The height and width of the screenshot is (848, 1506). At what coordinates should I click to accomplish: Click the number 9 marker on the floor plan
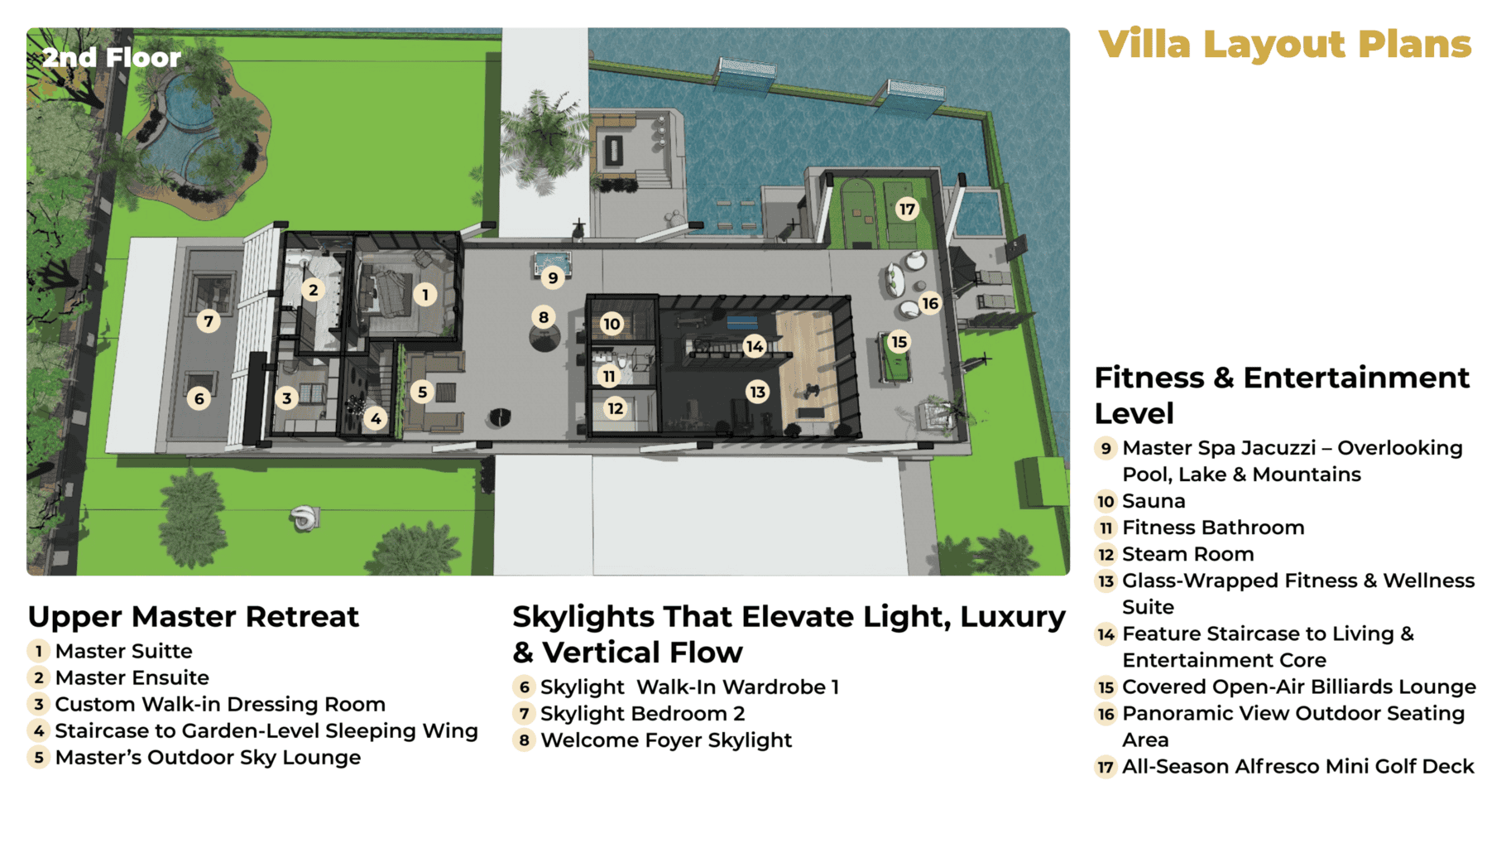click(553, 277)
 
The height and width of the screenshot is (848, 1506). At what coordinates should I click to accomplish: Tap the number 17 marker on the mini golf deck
click(907, 209)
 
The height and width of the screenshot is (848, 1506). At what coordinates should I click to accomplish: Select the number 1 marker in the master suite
click(425, 294)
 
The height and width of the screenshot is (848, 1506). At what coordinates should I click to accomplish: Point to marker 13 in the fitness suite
click(757, 392)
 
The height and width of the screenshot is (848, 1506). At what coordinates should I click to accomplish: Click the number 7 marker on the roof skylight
click(209, 320)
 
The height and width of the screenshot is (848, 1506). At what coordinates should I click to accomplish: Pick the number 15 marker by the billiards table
click(899, 341)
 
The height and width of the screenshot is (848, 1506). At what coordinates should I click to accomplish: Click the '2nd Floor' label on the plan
click(112, 57)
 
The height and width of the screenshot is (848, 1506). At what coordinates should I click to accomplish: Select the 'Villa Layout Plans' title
click(1285, 44)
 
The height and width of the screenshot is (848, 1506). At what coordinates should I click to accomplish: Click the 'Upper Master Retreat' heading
click(194, 617)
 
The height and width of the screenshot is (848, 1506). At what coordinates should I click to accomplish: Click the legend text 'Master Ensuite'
click(132, 677)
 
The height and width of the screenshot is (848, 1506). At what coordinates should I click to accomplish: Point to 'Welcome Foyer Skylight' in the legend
click(666, 740)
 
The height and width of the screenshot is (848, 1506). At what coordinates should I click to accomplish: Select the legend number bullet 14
click(1106, 634)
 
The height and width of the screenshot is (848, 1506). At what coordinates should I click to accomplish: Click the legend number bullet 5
click(38, 757)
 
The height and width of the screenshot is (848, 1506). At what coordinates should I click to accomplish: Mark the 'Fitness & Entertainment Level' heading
click(1282, 395)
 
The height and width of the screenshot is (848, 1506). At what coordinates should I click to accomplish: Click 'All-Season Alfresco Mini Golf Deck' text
click(1298, 767)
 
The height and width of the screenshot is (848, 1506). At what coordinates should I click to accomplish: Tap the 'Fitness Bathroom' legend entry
click(1213, 528)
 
